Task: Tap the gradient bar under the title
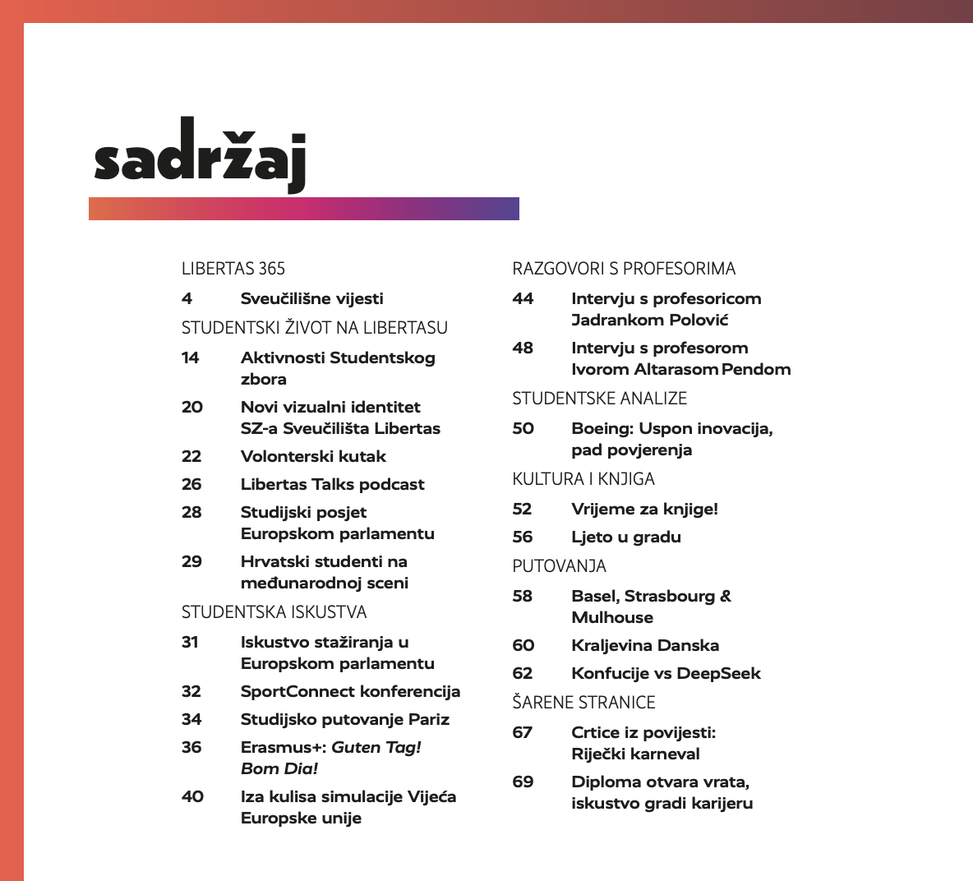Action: pos(303,209)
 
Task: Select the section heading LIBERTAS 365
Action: pos(233,269)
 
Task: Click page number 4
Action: pos(187,298)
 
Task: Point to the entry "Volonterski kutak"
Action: pos(313,456)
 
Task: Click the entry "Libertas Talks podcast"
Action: pos(332,484)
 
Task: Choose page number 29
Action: pos(191,561)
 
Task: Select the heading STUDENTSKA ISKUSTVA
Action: pos(274,612)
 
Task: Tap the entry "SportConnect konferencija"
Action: pos(350,691)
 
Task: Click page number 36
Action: pos(191,747)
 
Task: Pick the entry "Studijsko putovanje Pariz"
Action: pos(345,719)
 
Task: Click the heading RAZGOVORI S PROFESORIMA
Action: pos(624,269)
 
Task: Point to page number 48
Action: pos(523,348)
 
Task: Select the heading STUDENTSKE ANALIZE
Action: pos(599,399)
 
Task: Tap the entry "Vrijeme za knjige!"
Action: pos(644,509)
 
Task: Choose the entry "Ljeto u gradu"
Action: pos(626,537)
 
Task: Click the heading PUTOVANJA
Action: pos(559,566)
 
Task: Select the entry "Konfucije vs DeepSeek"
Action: pos(666,673)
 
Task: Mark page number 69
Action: pos(523,782)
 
